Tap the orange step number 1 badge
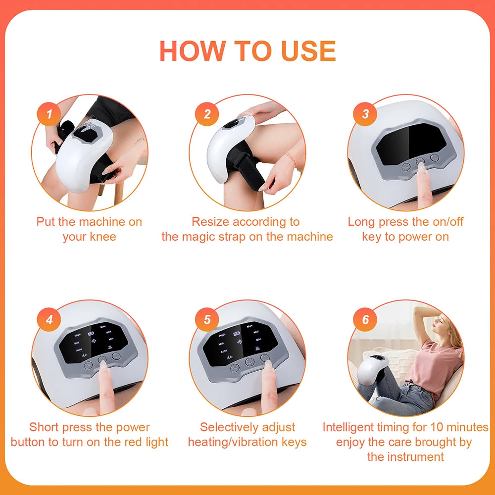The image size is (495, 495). point(49,114)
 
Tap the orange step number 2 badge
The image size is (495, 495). point(207,114)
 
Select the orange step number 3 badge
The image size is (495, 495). point(365,114)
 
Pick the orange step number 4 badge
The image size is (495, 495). point(49,319)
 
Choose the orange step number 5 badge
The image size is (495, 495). point(207,319)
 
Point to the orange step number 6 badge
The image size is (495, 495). point(365,319)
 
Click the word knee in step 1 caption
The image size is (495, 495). point(102,237)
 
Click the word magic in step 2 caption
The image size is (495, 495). point(201,237)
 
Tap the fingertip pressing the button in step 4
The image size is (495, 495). point(102,365)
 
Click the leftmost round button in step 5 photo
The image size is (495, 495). point(235,367)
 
